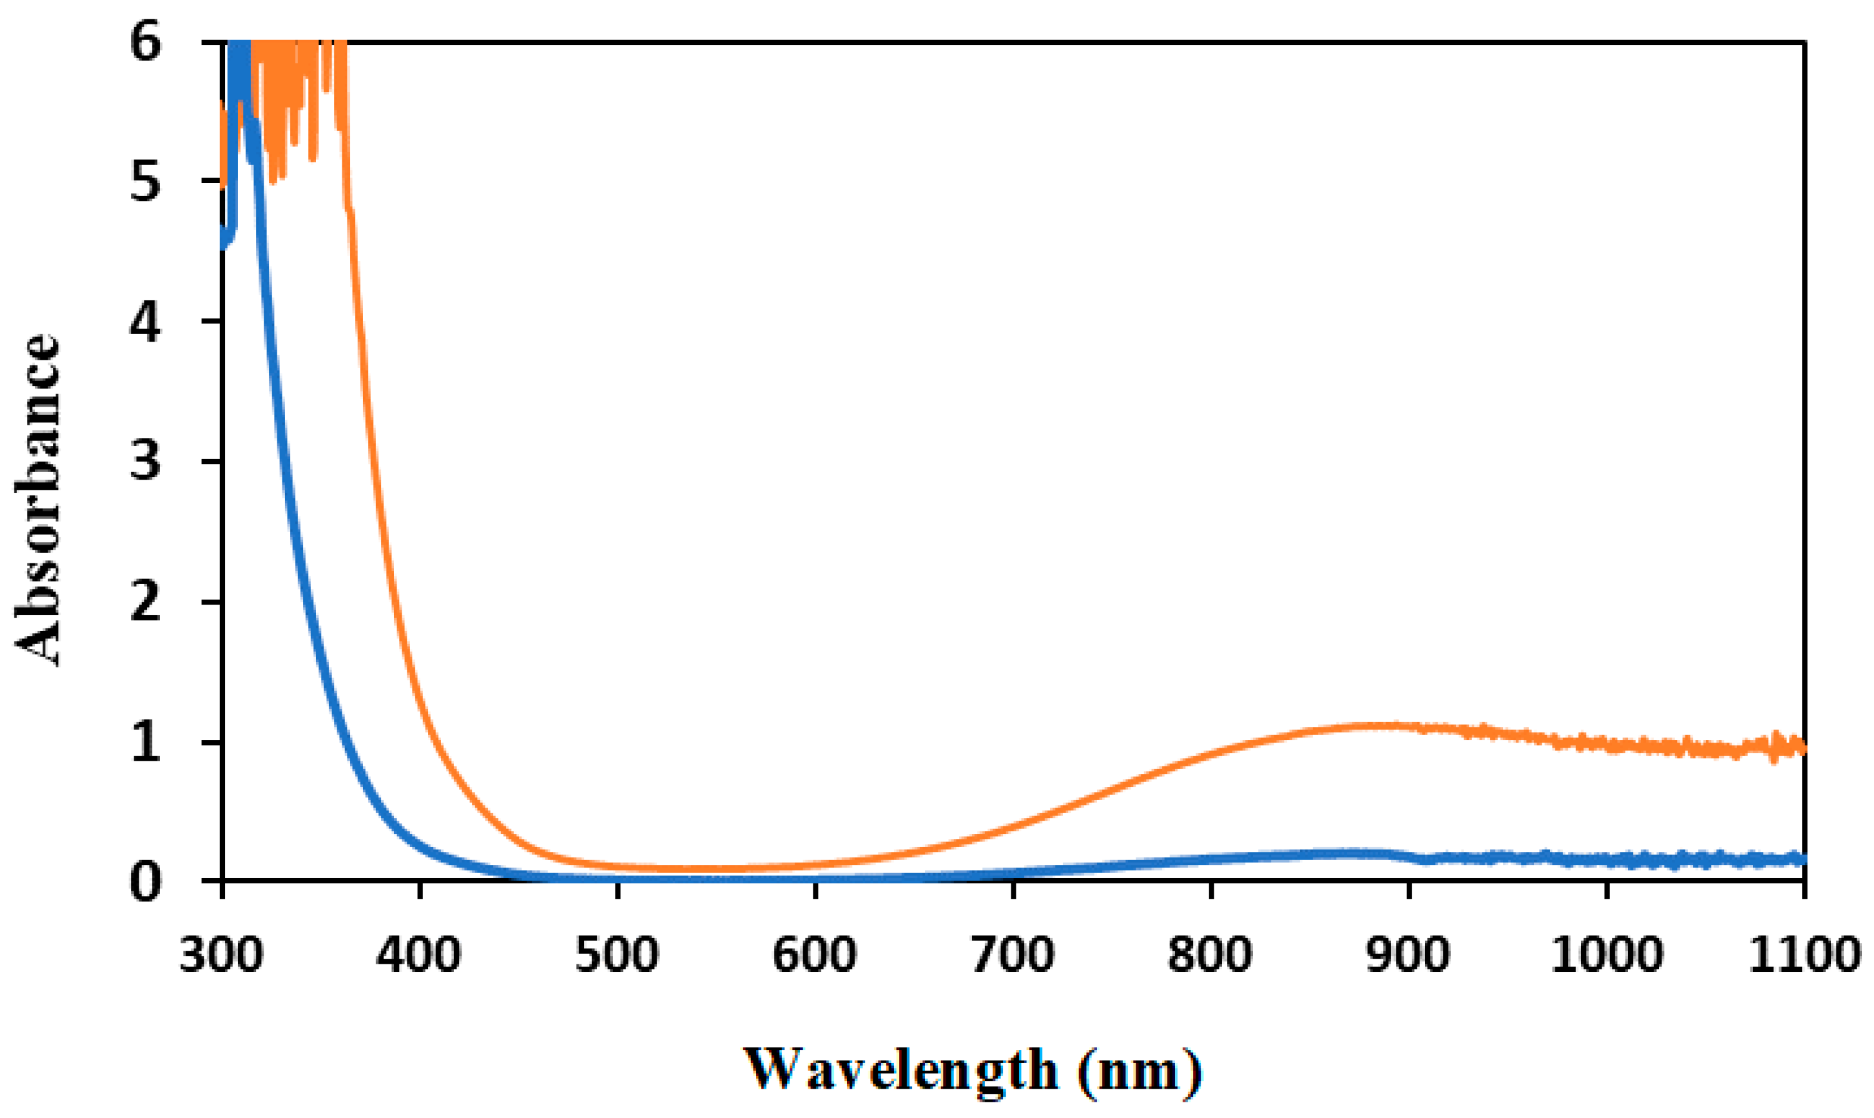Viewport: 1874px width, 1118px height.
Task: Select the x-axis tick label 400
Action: click(x=419, y=955)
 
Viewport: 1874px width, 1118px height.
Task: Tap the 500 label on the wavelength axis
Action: click(x=617, y=955)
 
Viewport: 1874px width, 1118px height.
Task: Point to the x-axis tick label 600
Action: click(x=815, y=955)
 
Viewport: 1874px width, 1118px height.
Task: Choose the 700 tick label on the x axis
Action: click(x=1013, y=955)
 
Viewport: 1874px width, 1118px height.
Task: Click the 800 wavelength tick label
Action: click(x=1210, y=955)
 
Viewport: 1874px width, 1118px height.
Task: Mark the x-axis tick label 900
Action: click(x=1409, y=955)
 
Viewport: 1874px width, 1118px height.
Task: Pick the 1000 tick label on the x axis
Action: click(x=1607, y=955)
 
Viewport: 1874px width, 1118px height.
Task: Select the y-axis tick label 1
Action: click(x=145, y=742)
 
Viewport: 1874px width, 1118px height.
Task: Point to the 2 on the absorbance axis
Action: click(x=145, y=602)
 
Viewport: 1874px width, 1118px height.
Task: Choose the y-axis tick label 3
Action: click(x=145, y=461)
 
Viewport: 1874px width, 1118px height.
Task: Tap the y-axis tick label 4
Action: click(x=145, y=322)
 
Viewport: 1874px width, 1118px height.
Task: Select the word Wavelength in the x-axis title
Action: click(x=900, y=1070)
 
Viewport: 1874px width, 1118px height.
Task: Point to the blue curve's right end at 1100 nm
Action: click(x=1801, y=859)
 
